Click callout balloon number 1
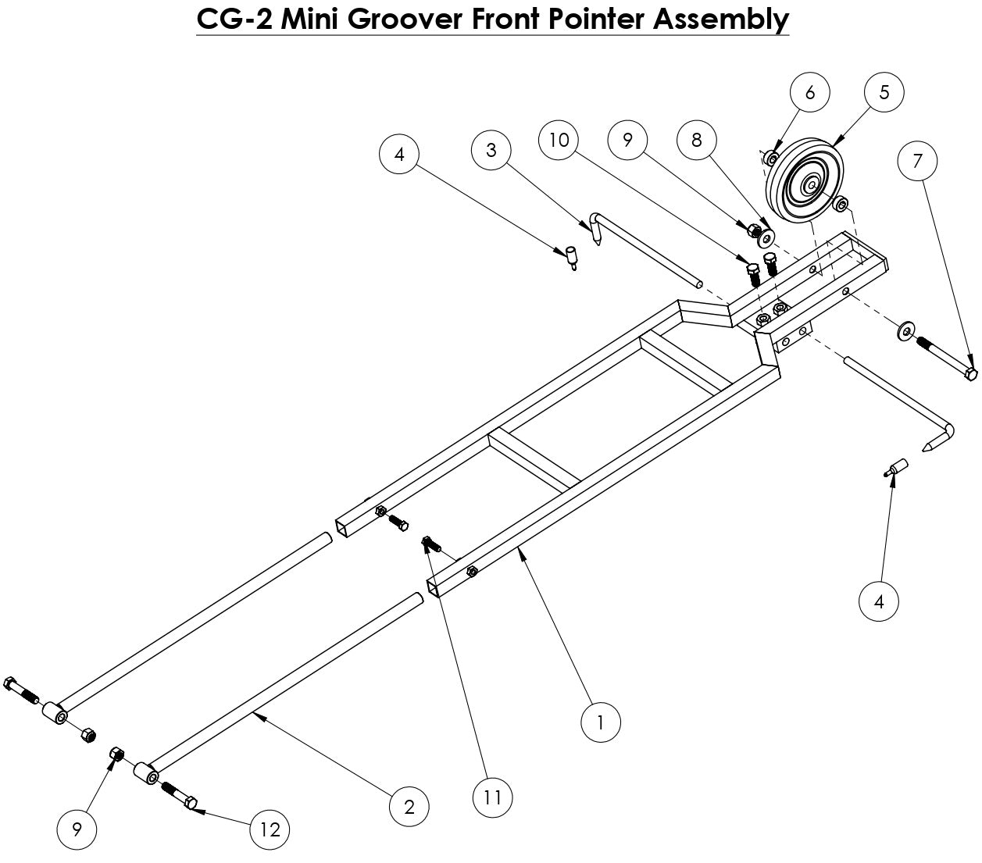[600, 722]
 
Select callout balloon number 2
[409, 806]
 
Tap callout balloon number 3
[491, 150]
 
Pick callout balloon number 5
[884, 92]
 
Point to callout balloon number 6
[809, 92]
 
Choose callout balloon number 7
[918, 161]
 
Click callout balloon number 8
[697, 140]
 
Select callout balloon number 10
[559, 140]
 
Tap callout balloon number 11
[493, 797]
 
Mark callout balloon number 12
[270, 830]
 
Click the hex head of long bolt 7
[970, 374]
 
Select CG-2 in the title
[233, 19]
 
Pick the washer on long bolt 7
[904, 332]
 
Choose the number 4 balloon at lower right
[879, 601]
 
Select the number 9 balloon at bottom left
[77, 829]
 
